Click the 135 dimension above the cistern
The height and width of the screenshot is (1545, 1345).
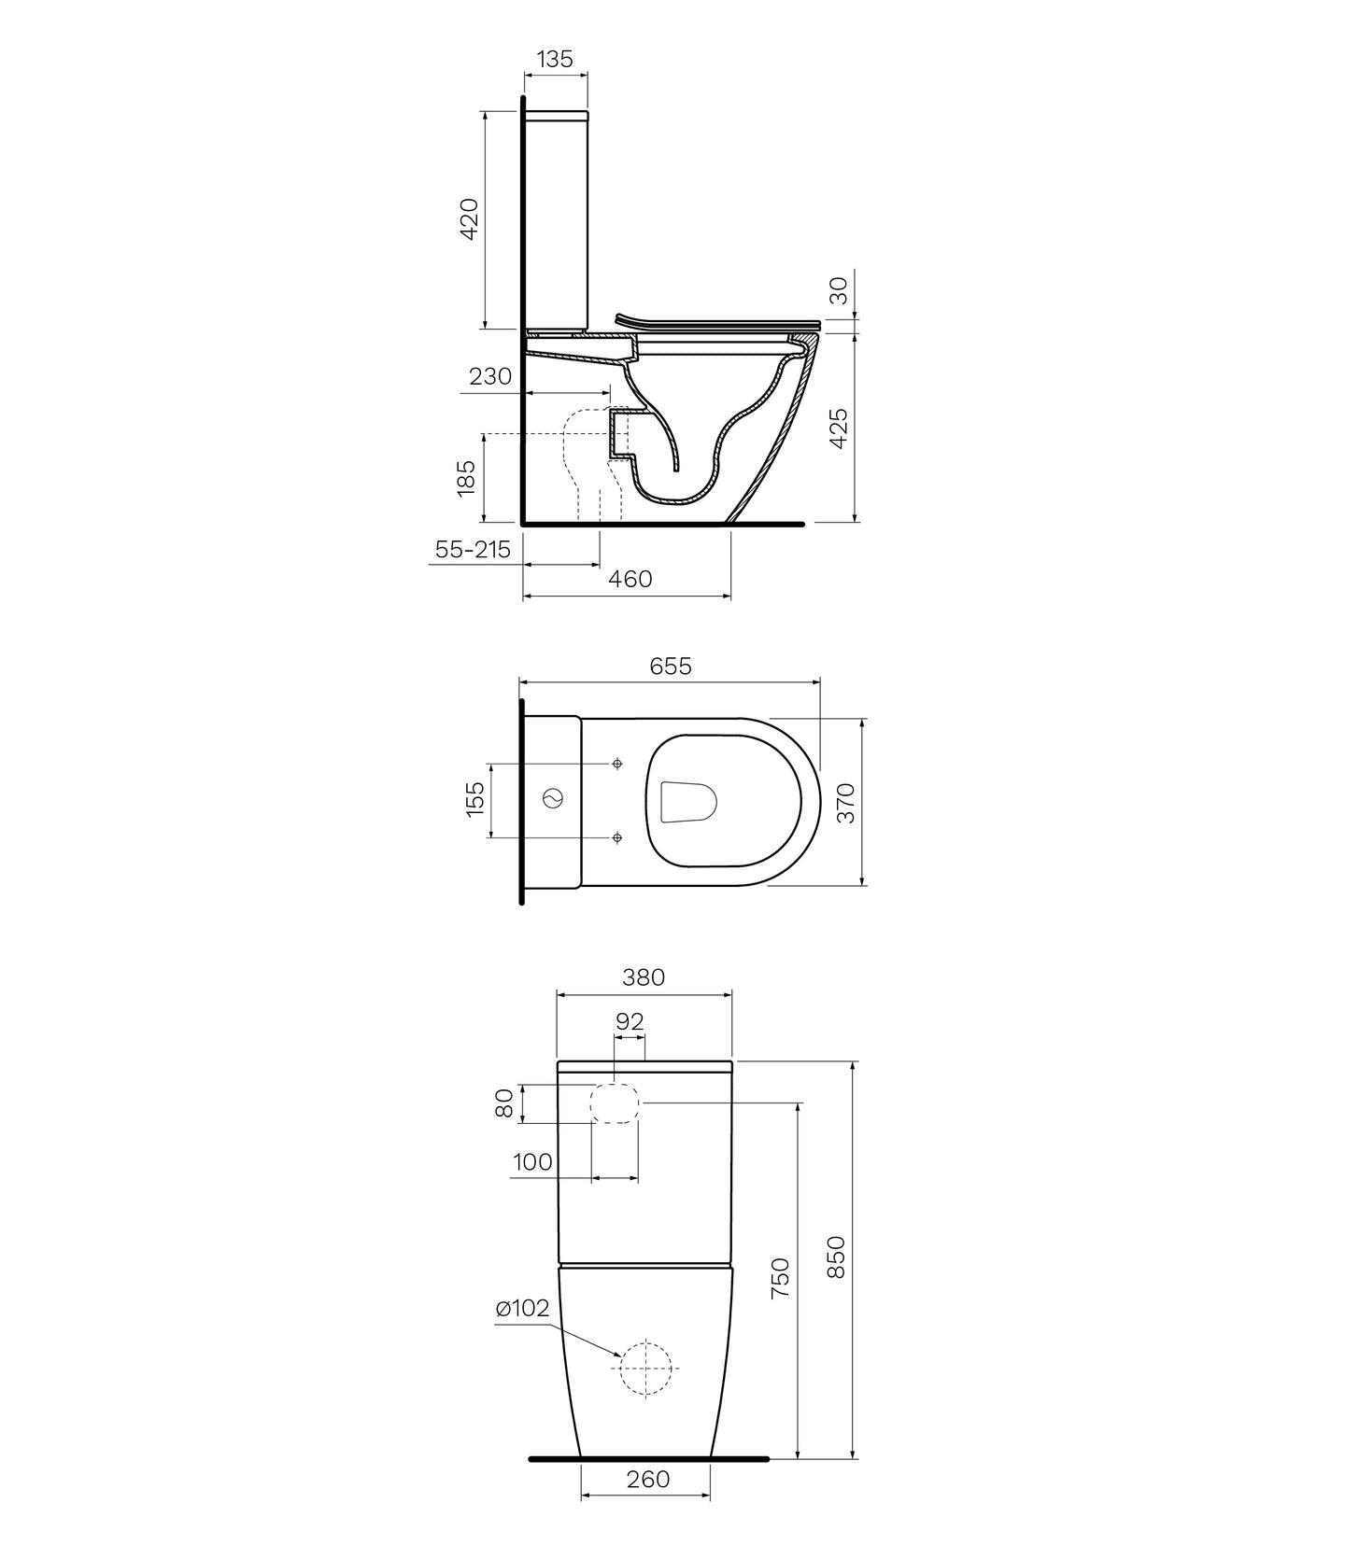point(554,59)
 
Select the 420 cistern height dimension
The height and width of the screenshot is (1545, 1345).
point(470,218)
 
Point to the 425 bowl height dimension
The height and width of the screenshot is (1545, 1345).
point(839,428)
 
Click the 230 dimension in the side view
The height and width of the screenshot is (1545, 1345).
point(490,376)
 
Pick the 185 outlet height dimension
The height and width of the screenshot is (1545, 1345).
point(468,476)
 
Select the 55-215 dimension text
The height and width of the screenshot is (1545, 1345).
point(473,550)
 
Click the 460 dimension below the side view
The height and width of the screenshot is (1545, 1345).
point(630,579)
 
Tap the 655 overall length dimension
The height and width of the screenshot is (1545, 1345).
point(671,666)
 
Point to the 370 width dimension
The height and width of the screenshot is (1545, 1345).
point(844,802)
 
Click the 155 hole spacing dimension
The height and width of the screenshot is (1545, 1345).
point(474,800)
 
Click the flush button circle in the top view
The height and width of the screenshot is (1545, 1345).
point(552,799)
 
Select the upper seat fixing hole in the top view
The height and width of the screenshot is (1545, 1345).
point(616,764)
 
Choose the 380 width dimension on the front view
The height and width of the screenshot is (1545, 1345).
point(644,976)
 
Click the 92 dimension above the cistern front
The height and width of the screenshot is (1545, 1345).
point(630,1021)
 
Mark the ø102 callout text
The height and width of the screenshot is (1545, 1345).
point(522,1309)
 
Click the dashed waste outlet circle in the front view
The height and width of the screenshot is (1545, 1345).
point(646,1368)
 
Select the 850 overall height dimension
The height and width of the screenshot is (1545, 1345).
point(836,1257)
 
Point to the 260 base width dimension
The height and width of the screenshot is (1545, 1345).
point(648,1480)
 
